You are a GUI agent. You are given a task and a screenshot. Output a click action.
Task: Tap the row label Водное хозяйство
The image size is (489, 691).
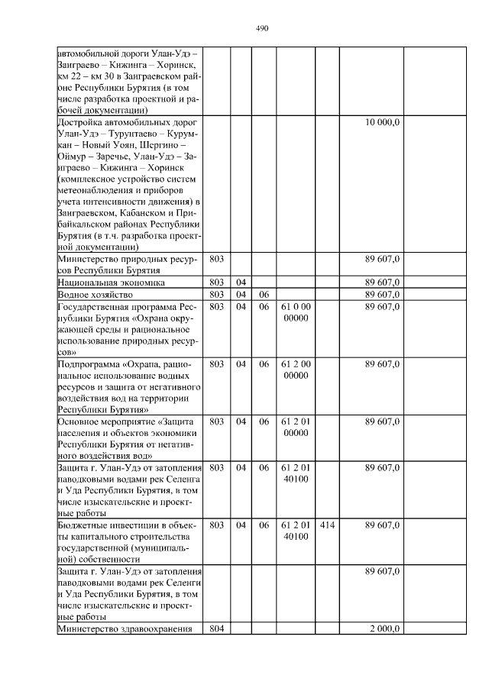coord(90,294)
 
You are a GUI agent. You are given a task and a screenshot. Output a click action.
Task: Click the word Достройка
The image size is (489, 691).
coord(81,122)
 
